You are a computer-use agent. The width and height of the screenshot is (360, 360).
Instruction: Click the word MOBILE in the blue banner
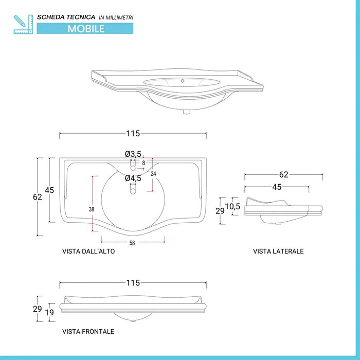tap(86, 29)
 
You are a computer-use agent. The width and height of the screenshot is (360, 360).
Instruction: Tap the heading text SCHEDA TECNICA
tap(66, 17)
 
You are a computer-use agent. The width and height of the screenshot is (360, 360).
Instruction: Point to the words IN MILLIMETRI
tap(116, 17)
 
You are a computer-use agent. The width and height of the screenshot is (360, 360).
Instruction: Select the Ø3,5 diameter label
tap(133, 154)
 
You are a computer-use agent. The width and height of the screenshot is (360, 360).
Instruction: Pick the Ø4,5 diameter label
tap(133, 178)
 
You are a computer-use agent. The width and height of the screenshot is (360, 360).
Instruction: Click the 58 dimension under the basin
tap(132, 242)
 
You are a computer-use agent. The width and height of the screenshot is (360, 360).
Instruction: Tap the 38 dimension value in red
tap(91, 209)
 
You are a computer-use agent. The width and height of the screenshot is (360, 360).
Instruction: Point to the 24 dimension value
tap(153, 174)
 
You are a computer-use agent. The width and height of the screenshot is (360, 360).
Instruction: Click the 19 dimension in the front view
tap(49, 312)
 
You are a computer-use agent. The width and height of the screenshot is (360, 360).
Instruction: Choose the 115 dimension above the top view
tap(133, 134)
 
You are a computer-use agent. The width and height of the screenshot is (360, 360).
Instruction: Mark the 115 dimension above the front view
tap(133, 283)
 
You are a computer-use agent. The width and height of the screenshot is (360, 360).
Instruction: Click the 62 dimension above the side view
tap(283, 175)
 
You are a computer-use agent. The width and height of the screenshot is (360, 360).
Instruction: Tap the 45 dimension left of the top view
tap(49, 190)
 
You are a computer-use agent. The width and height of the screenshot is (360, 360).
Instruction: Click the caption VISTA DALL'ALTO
tap(88, 251)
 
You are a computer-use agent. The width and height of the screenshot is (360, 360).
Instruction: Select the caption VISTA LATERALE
tap(278, 251)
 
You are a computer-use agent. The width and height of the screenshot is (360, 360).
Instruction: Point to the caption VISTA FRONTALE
tap(88, 332)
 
